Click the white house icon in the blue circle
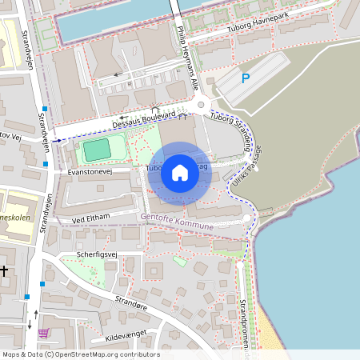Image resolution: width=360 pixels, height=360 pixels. pos(180,173)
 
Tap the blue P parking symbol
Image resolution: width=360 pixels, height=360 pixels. pos(246,78)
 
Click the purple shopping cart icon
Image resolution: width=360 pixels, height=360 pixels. pos(43,333)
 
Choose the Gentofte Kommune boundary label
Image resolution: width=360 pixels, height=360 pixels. pos(177,222)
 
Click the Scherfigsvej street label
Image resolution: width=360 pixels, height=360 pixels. pos(97,254)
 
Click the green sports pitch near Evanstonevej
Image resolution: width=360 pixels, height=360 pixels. pos(97,149)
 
